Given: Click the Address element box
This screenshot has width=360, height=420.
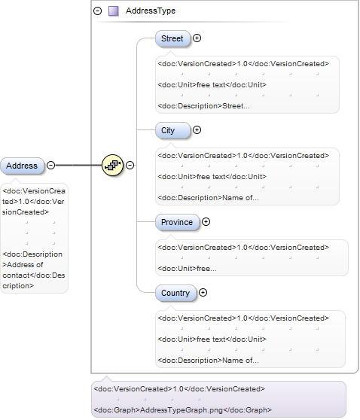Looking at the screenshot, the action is coord(22,166).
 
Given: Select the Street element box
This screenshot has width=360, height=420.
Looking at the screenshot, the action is coord(172,38).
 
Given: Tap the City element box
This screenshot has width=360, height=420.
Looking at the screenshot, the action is coord(172,130).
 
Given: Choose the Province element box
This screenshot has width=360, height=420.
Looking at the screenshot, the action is coord(177,222).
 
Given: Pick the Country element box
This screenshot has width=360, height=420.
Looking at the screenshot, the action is coord(175,293).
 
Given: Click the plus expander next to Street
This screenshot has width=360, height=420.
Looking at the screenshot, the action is coord(197,38).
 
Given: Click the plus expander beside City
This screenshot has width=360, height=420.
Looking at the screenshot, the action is coord(197,130).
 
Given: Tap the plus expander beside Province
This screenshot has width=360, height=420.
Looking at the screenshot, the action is coord(206,222).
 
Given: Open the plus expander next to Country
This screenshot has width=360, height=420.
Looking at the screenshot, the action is coord(203,293).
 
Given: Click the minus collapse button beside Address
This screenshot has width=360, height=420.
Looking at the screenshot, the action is coord(50,166).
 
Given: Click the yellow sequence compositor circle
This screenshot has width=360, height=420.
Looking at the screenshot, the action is coord(112,166).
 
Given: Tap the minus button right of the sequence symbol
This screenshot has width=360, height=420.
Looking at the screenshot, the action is coord(130,166).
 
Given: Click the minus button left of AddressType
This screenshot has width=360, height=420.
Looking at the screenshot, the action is coord(98,11).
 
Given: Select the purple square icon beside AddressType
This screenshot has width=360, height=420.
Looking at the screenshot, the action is coord(114,11).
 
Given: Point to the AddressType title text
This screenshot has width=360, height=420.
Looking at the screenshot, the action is coord(151,11).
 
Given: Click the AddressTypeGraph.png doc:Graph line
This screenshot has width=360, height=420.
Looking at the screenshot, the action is coord(182,410).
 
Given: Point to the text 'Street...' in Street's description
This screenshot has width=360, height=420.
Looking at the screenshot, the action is coord(236,106).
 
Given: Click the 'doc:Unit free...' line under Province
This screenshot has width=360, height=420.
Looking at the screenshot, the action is coord(187,269).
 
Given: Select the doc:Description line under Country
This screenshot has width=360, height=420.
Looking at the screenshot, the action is coord(209,361).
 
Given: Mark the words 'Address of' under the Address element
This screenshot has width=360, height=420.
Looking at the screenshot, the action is coord(25,265).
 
